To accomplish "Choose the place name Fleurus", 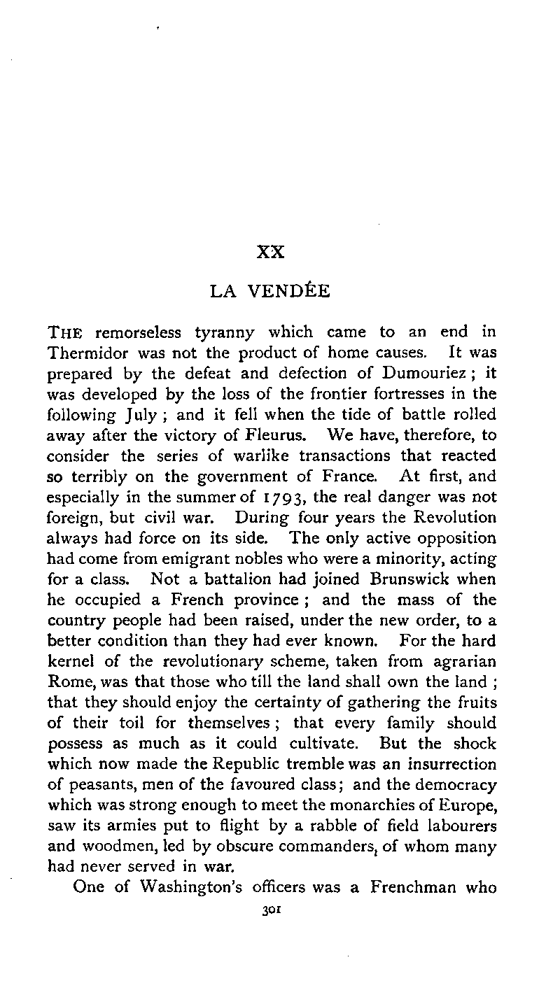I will pyautogui.click(x=267, y=435).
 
